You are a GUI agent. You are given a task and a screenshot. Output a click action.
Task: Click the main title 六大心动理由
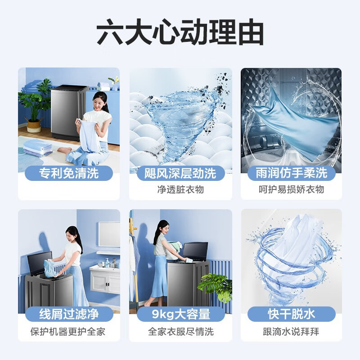(x=180, y=32)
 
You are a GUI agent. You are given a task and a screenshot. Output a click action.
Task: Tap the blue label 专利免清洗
(x=69, y=173)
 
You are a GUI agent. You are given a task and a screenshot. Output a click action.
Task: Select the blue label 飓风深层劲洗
(x=180, y=173)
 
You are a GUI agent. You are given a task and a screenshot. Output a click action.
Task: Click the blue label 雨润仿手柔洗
(x=291, y=173)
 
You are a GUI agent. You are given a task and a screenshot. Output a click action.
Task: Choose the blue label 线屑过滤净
(x=69, y=314)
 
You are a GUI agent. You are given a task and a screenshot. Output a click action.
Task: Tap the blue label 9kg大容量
(x=181, y=314)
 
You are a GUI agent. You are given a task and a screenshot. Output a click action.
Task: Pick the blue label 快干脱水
(x=291, y=314)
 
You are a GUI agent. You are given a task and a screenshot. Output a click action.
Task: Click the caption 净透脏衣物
(x=180, y=189)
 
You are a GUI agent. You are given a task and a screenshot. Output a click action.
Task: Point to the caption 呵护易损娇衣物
(x=291, y=189)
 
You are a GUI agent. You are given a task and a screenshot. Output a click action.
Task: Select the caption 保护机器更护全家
(x=68, y=332)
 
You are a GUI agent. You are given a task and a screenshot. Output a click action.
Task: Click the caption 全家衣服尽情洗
(x=181, y=332)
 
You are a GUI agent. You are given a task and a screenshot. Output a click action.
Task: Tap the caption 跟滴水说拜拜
(x=291, y=332)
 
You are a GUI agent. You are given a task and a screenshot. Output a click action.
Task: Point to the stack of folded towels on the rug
(x=38, y=148)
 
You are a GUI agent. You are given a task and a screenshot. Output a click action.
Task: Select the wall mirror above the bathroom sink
(x=109, y=234)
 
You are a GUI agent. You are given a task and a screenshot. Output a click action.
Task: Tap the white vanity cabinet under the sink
(x=105, y=280)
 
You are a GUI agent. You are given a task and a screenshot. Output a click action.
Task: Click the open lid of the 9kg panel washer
(x=195, y=251)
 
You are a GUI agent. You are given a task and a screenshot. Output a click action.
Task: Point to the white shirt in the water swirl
(x=292, y=255)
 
